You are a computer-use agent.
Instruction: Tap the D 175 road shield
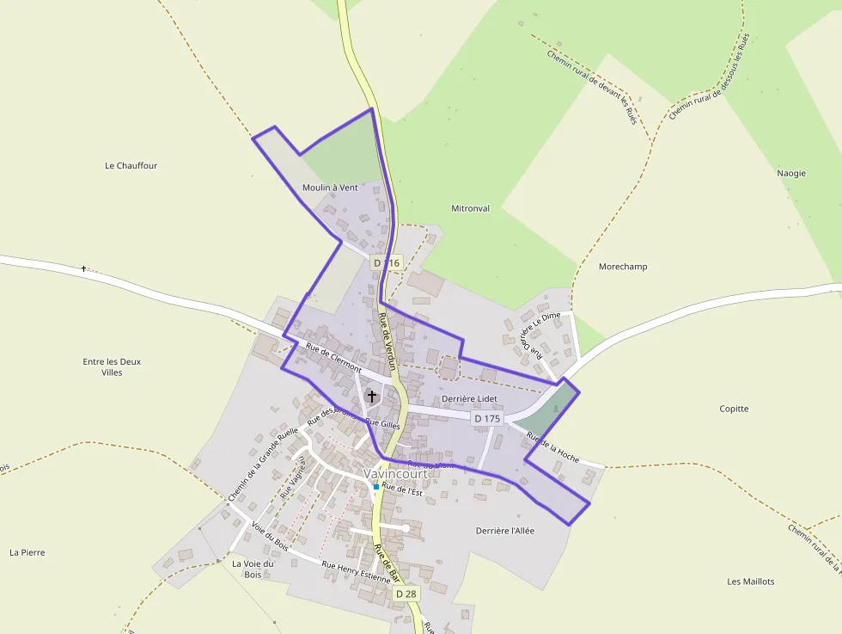coord(486,418)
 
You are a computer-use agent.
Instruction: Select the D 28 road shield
coord(406,594)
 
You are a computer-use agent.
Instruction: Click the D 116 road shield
coord(387,262)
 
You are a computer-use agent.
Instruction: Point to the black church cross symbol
coord(372,397)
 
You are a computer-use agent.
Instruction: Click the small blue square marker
coord(375,487)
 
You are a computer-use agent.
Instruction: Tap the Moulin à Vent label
coord(330,188)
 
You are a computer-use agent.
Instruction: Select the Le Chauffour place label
coord(131,165)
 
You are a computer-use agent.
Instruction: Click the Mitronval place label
coord(470,208)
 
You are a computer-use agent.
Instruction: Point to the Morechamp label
coord(622,267)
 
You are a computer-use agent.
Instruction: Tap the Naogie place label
coord(791,173)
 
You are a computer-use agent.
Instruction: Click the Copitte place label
coord(734,409)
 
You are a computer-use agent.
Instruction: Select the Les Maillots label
coord(750,582)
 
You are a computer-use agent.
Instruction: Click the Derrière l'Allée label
coord(505,531)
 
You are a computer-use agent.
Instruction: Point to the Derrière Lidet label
coord(470,399)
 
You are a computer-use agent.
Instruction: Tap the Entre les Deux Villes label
coord(112,367)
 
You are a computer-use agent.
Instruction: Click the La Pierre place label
coord(27,552)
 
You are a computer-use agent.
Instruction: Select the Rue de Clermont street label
coord(333,357)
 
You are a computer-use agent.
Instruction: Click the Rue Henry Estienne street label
coord(356,572)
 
